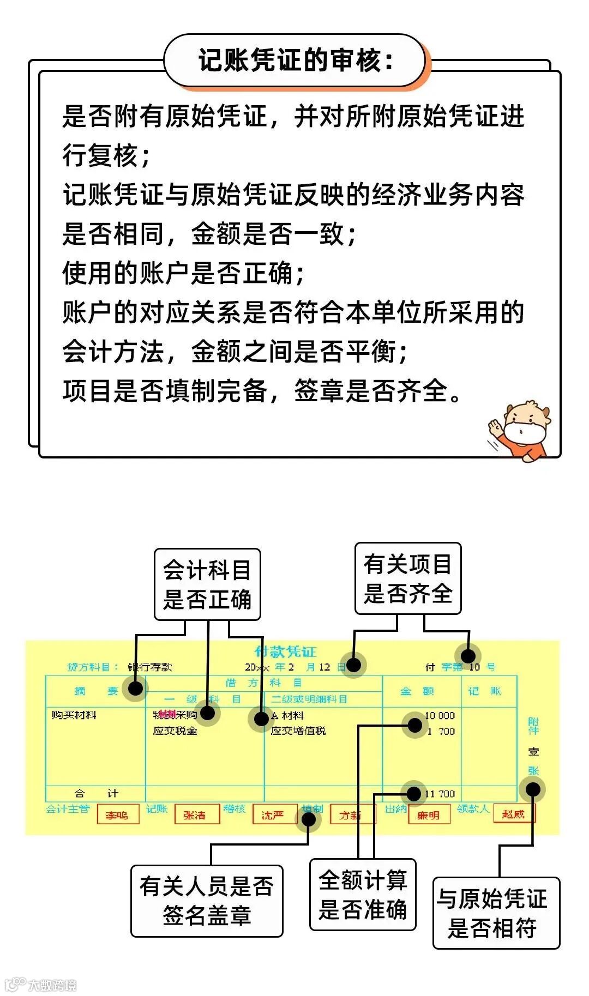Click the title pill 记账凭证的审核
click(x=294, y=60)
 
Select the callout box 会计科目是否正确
click(x=207, y=584)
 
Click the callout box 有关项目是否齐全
click(x=408, y=578)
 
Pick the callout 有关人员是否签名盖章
click(x=207, y=901)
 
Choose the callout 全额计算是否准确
click(x=363, y=894)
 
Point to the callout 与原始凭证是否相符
click(x=496, y=913)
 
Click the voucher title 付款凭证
click(x=285, y=651)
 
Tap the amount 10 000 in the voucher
click(x=440, y=715)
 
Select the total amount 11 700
click(x=440, y=794)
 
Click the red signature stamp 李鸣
click(x=117, y=816)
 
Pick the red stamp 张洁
click(x=195, y=816)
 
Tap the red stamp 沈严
click(x=273, y=816)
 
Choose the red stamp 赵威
click(x=513, y=814)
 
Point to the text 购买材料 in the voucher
click(x=74, y=715)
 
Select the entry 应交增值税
click(x=298, y=731)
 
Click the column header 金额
click(x=417, y=691)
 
